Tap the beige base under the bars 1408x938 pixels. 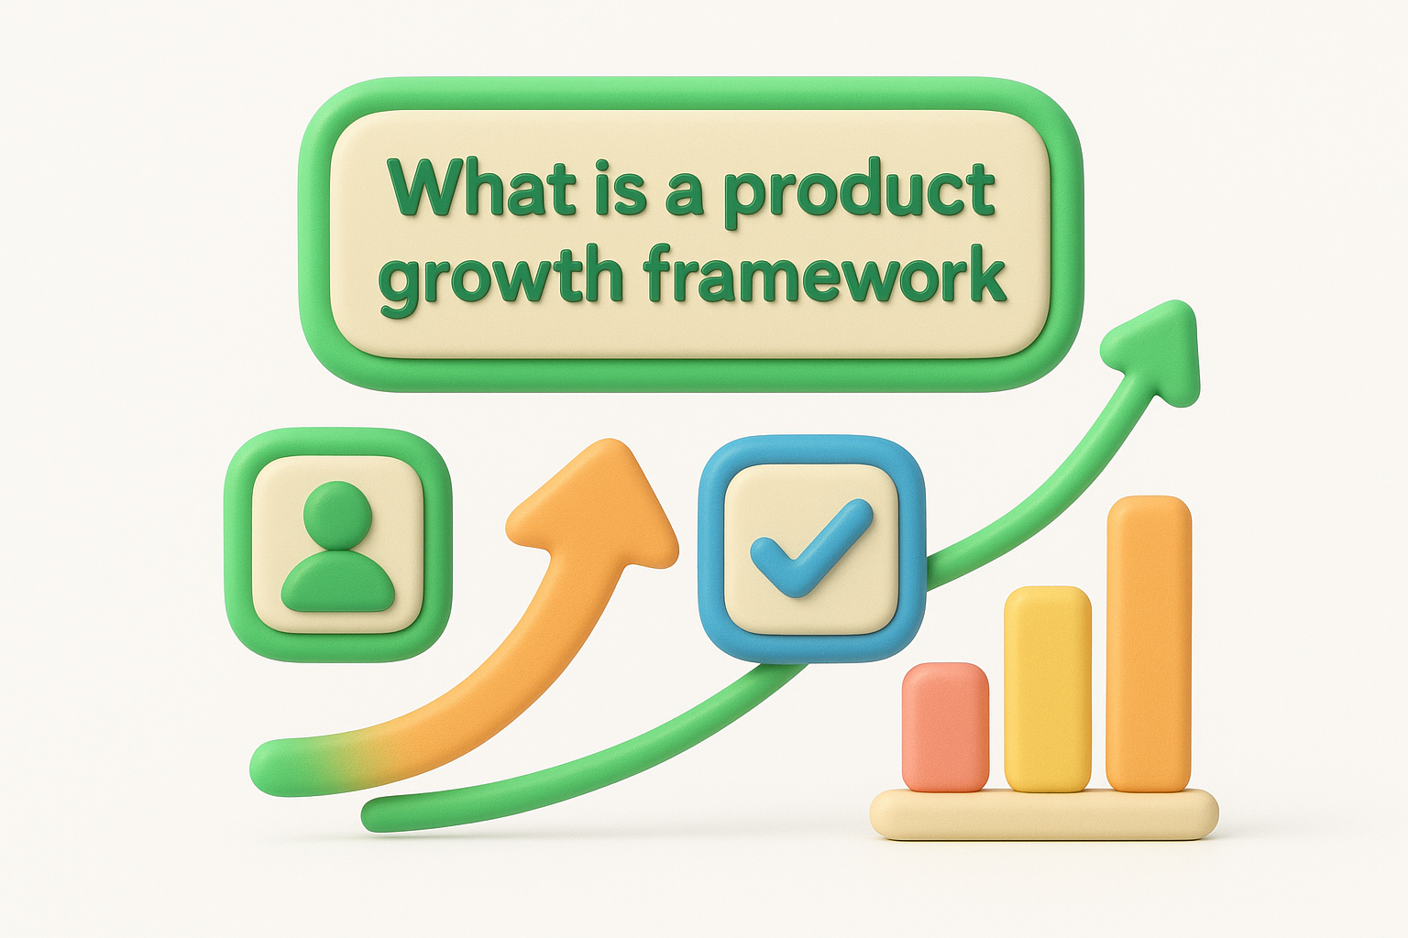click(1044, 814)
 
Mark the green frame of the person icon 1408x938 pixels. click(238, 544)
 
